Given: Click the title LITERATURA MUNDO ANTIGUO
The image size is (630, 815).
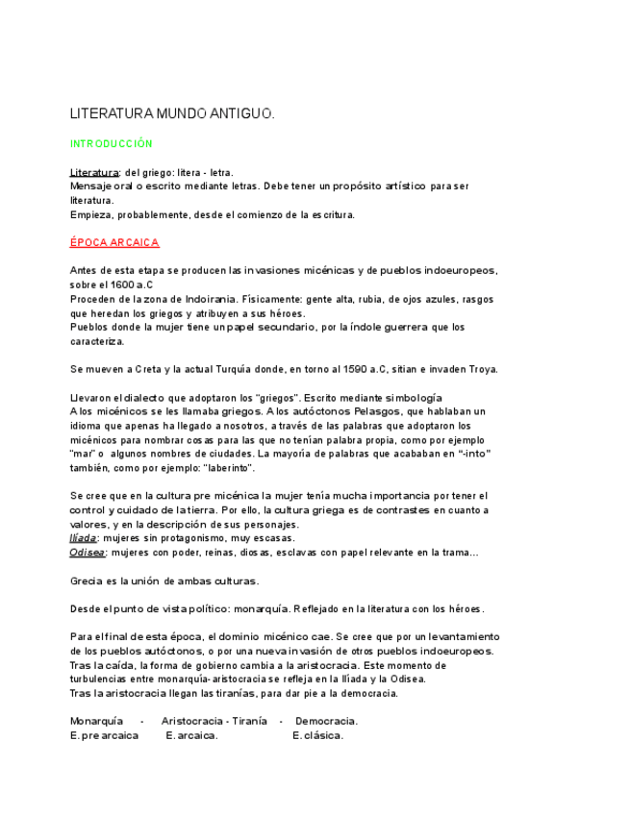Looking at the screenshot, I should (172, 113).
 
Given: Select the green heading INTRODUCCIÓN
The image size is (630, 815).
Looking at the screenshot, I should (111, 143).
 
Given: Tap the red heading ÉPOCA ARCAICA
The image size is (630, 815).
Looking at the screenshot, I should (114, 242).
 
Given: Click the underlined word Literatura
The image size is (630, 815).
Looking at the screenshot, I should (92, 172).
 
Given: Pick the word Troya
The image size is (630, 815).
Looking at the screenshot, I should (481, 369).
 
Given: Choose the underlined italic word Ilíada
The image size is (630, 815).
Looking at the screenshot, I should (83, 538).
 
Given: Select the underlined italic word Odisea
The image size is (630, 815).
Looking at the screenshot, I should (88, 553).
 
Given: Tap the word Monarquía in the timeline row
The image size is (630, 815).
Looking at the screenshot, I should (96, 721).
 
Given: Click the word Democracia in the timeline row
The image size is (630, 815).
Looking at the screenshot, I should (327, 721).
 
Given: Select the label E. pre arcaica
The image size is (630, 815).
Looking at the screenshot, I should (104, 736).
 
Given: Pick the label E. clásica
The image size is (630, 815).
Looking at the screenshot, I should (317, 736).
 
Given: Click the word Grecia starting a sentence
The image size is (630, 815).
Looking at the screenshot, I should (87, 580).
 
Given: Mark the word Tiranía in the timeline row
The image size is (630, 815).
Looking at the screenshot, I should (244, 721).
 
